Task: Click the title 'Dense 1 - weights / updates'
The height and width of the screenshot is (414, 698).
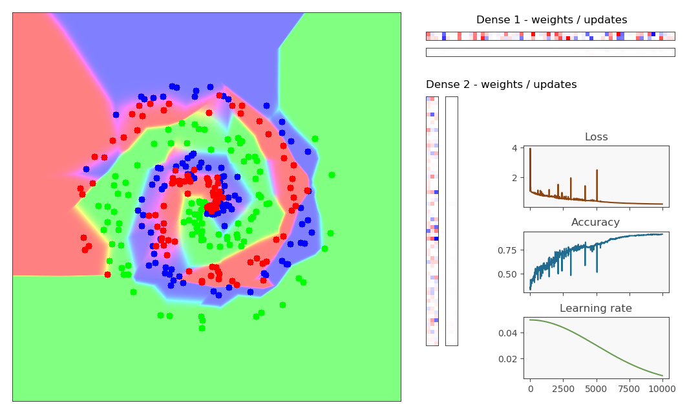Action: [551, 20]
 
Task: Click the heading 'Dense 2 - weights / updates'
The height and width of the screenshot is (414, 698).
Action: [501, 85]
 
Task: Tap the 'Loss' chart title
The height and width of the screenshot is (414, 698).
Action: [596, 137]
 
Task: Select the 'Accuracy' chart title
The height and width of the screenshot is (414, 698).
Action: [595, 223]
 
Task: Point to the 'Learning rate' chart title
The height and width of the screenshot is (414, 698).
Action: [595, 309]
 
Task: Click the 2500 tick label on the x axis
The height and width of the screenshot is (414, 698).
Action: [563, 389]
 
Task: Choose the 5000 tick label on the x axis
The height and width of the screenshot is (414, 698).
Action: [596, 389]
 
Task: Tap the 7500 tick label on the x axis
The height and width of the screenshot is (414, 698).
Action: [629, 389]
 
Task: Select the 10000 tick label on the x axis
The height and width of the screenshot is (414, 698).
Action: [662, 389]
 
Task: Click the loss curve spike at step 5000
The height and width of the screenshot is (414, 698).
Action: [597, 171]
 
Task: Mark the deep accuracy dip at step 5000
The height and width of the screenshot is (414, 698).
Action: [597, 271]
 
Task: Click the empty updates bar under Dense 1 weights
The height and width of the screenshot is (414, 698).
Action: [550, 52]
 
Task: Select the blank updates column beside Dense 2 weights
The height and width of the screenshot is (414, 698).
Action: [451, 221]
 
